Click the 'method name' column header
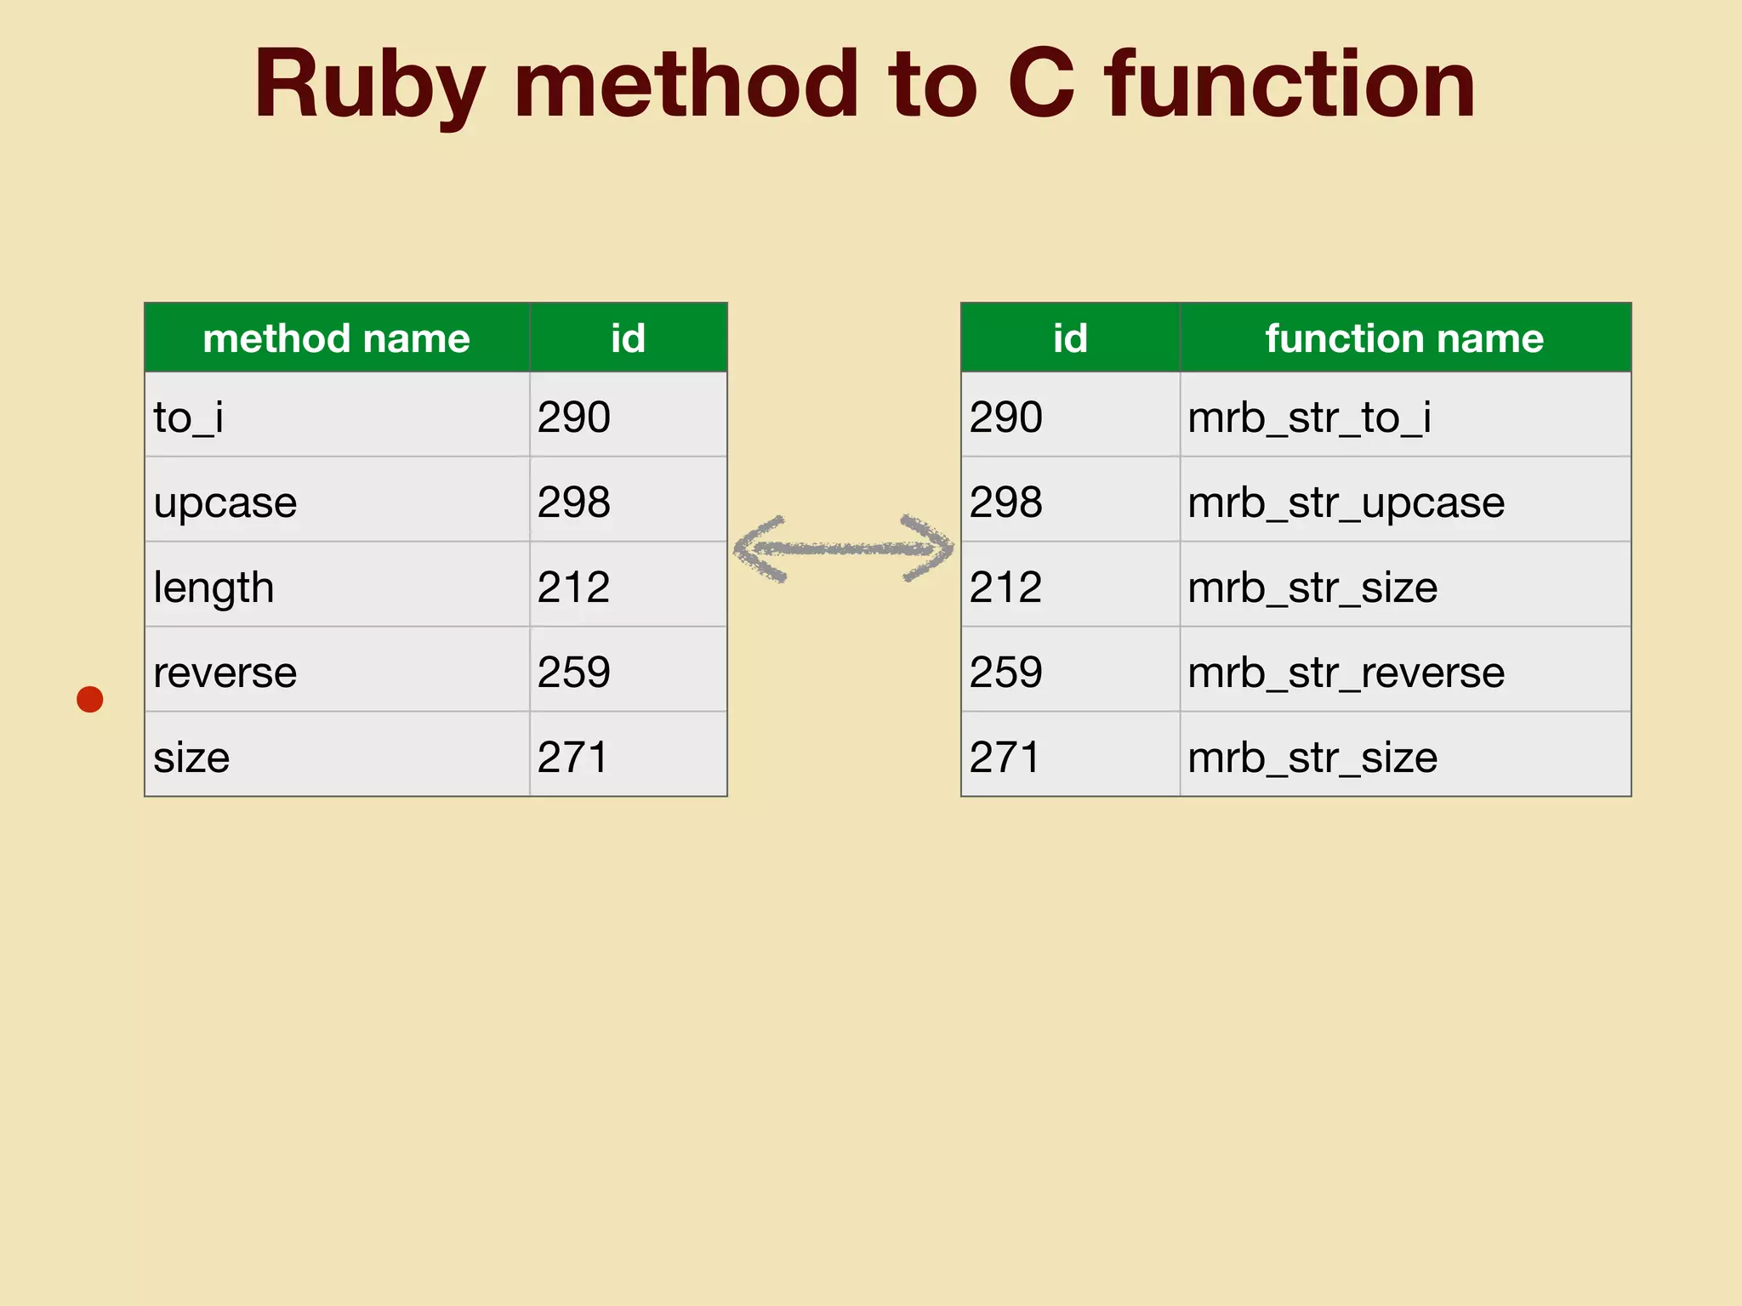tap(336, 338)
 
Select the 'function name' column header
tap(1404, 338)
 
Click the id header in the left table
tap(628, 338)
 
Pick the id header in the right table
tap(1070, 338)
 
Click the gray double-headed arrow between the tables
tap(843, 548)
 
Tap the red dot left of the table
tap(90, 699)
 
